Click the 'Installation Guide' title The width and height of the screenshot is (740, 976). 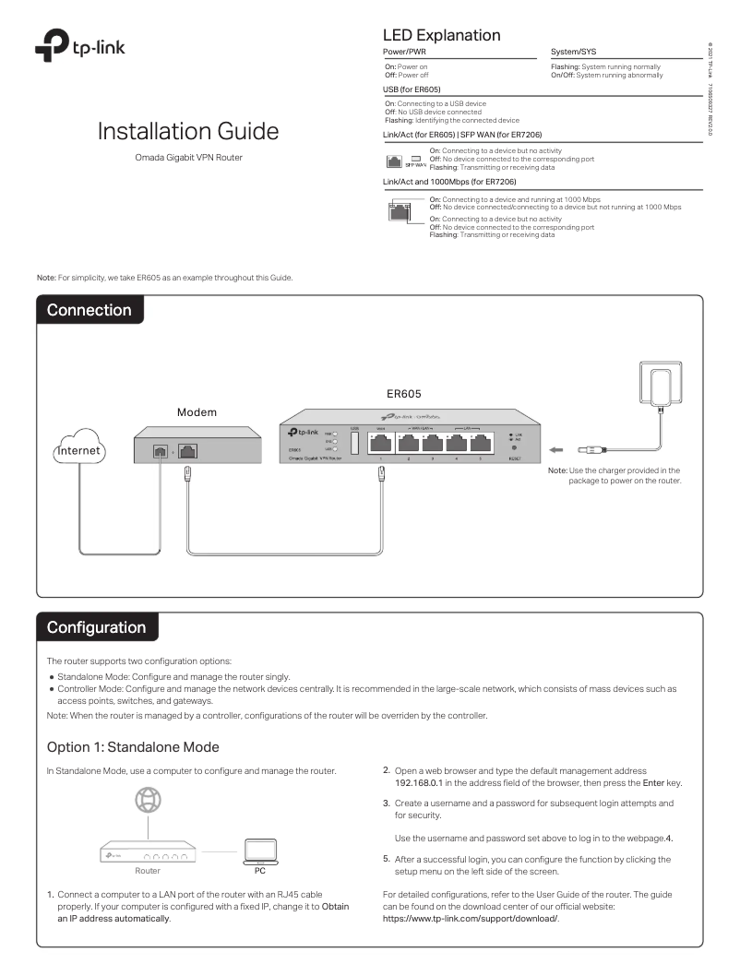187,131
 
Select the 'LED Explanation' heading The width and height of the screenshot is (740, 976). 440,35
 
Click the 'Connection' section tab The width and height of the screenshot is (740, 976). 90,310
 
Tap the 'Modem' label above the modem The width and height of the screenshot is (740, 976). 197,411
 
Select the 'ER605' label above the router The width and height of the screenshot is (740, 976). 404,391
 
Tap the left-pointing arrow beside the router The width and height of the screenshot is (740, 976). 558,451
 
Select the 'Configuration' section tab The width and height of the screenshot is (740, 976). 97,627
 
